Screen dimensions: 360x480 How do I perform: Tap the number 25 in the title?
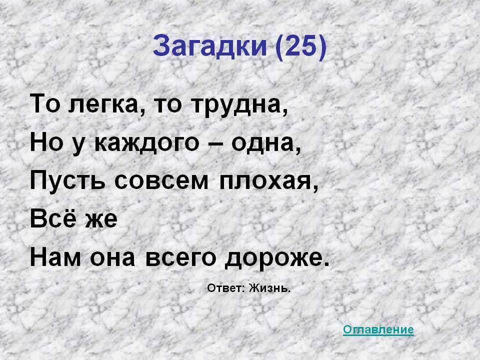(x=299, y=47)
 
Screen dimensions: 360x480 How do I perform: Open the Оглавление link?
(x=378, y=329)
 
